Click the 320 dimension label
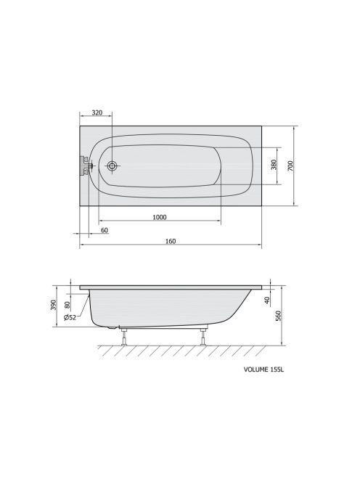(x=97, y=113)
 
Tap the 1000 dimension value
(x=160, y=217)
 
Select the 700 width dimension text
(x=290, y=166)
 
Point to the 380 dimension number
(x=274, y=165)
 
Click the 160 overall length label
(x=171, y=241)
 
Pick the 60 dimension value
(x=105, y=230)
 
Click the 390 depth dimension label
(x=53, y=305)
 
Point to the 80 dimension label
(x=67, y=305)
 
